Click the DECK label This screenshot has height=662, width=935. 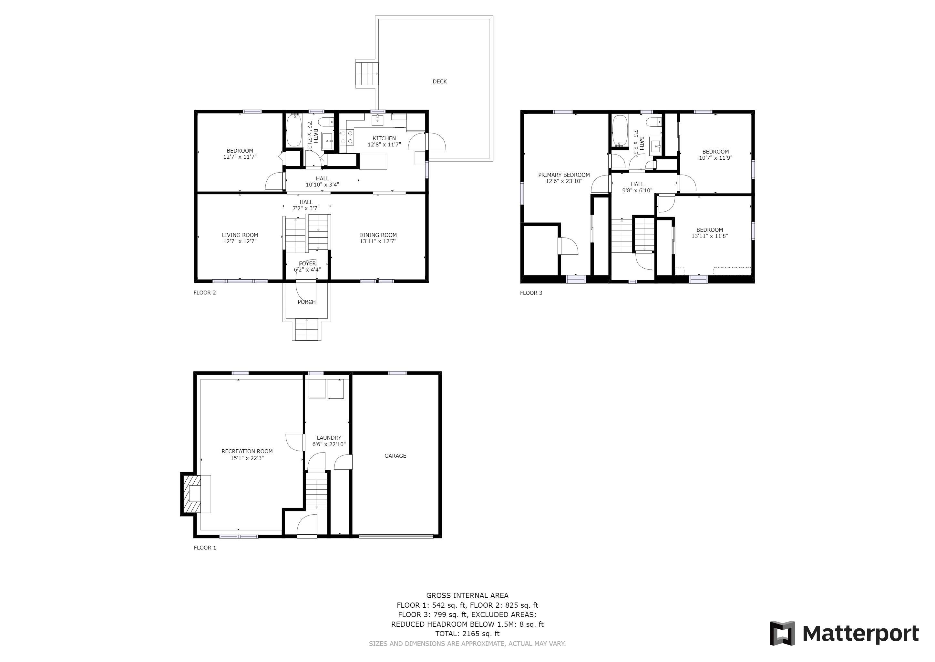point(439,81)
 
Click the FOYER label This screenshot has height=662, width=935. point(307,264)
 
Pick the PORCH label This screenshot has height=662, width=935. point(307,302)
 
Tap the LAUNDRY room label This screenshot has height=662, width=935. point(329,438)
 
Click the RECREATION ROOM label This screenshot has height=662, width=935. point(247,451)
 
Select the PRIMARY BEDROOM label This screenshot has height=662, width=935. point(564,175)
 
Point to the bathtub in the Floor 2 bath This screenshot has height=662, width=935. point(293,131)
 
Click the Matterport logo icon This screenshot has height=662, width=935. point(782,633)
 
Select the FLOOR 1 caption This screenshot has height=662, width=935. point(205,548)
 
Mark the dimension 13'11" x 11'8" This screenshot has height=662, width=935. point(709,236)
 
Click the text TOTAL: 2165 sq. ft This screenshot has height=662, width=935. point(467,634)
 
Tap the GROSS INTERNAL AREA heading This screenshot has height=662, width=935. point(467,595)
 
